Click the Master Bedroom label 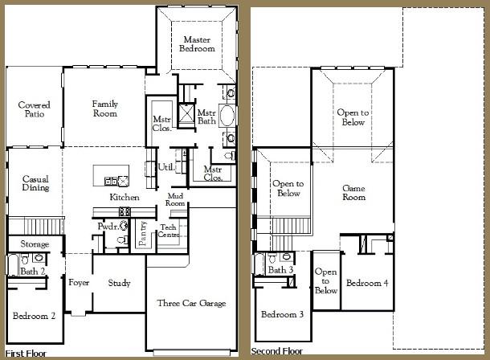pos(198,44)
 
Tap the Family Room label pos(105,108)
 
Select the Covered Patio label pos(35,110)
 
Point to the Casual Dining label pos(36,183)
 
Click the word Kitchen pos(125,198)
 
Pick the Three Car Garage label pos(191,304)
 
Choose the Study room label pos(118,283)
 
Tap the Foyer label pos(79,283)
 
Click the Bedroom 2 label pos(35,316)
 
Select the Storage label pos(35,244)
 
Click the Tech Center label pos(168,231)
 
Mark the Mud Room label pos(176,200)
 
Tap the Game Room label pos(353,192)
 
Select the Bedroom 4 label pos(367,284)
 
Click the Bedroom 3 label pos(282,314)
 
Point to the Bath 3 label pos(280,270)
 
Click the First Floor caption pos(26,353)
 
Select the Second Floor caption pos(278,352)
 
